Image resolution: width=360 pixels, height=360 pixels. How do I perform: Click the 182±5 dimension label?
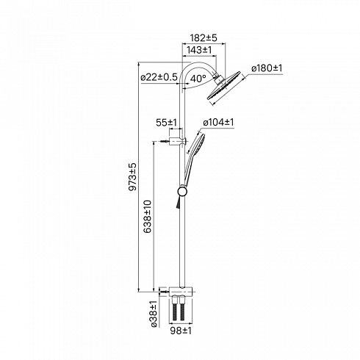(x=204, y=38)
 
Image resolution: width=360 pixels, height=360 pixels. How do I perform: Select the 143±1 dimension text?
(x=199, y=50)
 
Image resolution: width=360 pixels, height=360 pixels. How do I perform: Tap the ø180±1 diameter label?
(x=267, y=68)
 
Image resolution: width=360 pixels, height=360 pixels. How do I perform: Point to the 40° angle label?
(x=198, y=79)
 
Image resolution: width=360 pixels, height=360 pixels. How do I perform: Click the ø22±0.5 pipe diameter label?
(x=159, y=77)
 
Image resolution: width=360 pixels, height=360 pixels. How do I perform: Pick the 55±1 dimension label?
(x=166, y=123)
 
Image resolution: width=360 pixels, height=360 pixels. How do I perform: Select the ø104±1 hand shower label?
(x=218, y=122)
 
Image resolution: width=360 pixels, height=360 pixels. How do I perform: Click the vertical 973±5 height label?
(x=132, y=176)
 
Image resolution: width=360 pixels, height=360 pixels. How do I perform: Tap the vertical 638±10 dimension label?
(x=148, y=217)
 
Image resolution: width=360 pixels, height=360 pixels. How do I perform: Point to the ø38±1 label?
(x=154, y=314)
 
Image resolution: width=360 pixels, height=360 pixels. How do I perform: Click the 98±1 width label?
(x=181, y=331)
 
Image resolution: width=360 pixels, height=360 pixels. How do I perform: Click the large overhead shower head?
(x=224, y=87)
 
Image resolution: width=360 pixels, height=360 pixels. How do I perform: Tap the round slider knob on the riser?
(x=182, y=192)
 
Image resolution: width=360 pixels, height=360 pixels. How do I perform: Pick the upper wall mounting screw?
(x=165, y=141)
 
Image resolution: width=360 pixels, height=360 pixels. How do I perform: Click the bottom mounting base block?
(x=181, y=292)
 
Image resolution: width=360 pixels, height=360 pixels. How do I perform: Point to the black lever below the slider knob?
(x=177, y=203)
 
